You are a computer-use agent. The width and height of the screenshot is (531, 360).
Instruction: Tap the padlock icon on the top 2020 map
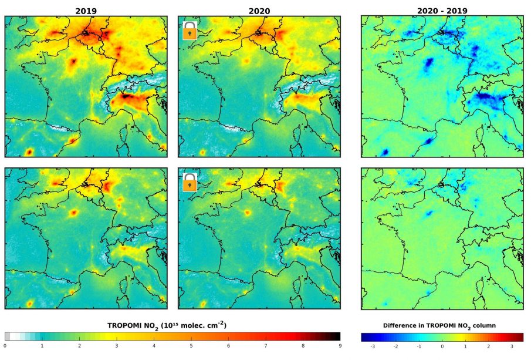point(190,31)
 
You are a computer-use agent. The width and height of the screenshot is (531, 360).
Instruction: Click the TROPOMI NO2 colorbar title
point(167,325)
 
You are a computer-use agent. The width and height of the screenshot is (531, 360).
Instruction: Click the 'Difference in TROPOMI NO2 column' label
point(442,325)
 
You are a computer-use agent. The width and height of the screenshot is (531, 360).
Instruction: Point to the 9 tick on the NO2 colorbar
point(340,346)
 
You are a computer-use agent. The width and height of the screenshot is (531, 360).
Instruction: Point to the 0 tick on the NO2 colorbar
point(5,346)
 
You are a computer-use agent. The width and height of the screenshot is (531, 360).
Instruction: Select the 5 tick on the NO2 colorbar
point(191,346)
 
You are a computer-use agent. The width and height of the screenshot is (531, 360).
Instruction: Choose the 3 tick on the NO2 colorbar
point(117,346)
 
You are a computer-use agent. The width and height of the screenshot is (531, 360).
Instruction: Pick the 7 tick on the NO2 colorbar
point(266,346)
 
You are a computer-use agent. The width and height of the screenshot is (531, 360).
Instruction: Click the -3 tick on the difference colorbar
point(373,346)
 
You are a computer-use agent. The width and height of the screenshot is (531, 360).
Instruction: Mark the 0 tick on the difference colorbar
point(442,346)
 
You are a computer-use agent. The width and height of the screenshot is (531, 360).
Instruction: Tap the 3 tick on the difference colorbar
point(511,346)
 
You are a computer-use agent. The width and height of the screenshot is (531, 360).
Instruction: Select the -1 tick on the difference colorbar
point(419,346)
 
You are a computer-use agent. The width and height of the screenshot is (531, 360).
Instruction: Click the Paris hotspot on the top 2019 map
point(74,61)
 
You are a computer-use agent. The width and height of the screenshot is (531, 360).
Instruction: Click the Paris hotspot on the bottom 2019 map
point(74,213)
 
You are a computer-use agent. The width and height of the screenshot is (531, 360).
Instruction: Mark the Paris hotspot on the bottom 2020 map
point(247,213)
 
